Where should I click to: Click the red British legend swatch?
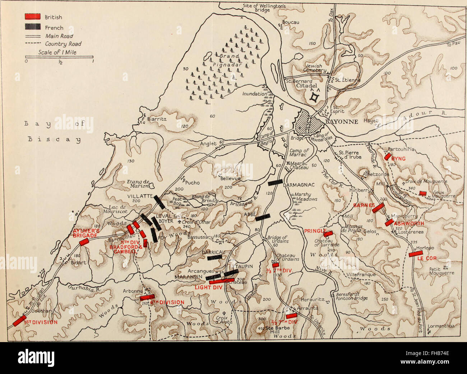[32, 16]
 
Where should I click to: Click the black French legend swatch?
[32, 27]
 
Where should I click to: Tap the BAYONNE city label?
[342, 122]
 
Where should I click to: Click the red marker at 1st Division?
[19, 321]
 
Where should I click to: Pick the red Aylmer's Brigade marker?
[84, 242]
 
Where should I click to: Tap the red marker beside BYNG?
[388, 156]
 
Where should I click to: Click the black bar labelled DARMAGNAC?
[275, 182]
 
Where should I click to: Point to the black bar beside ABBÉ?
[263, 217]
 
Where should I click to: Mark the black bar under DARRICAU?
[214, 257]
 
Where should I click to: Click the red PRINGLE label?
[315, 231]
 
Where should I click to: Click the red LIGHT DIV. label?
[208, 287]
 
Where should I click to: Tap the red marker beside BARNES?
[379, 207]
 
